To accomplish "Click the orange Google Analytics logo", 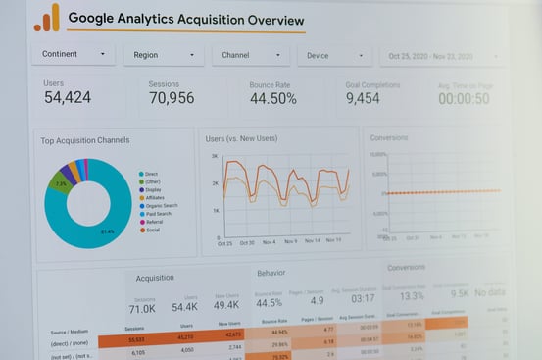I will pos(46,18).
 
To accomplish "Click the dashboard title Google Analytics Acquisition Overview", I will pos(185,20).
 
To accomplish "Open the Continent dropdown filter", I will pos(73,55).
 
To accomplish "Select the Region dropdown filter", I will pos(163,55).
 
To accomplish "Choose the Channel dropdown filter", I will pos(250,55).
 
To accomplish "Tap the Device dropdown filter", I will pos(334,55).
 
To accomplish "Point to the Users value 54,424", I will pos(68,98).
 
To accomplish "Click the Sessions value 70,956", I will pos(172,98).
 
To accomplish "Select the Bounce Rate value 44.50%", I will pos(272,99).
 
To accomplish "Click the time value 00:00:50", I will pos(464,99).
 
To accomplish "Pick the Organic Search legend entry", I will pos(161,205).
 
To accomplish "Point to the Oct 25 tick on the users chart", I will pos(224,242).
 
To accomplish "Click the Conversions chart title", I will pos(389,137).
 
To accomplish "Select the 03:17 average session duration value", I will pos(363,298).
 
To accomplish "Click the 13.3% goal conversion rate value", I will pos(412,295).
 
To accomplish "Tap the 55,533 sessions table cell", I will pos(136,338).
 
